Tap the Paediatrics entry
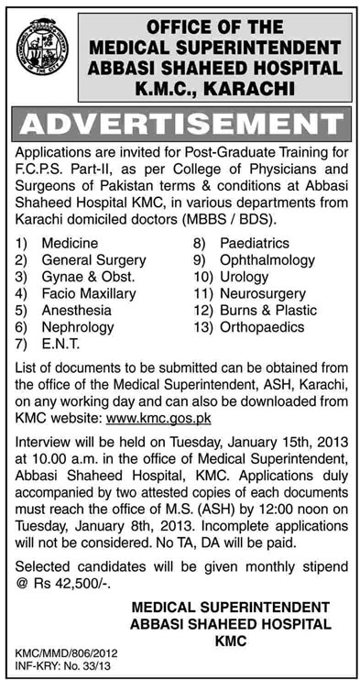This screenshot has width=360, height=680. (x=254, y=244)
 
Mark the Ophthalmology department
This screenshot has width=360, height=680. (x=265, y=260)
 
